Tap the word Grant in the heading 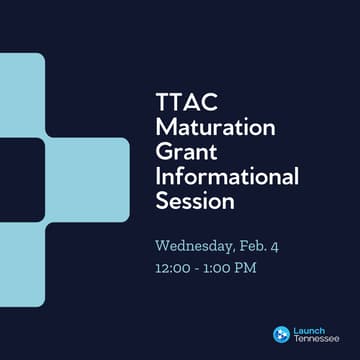(185, 153)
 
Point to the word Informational (227, 177)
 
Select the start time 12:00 (173, 268)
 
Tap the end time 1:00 (221, 268)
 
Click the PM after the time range (252, 268)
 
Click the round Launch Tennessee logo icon (281, 334)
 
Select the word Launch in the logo (308, 329)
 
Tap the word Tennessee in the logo (315, 339)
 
